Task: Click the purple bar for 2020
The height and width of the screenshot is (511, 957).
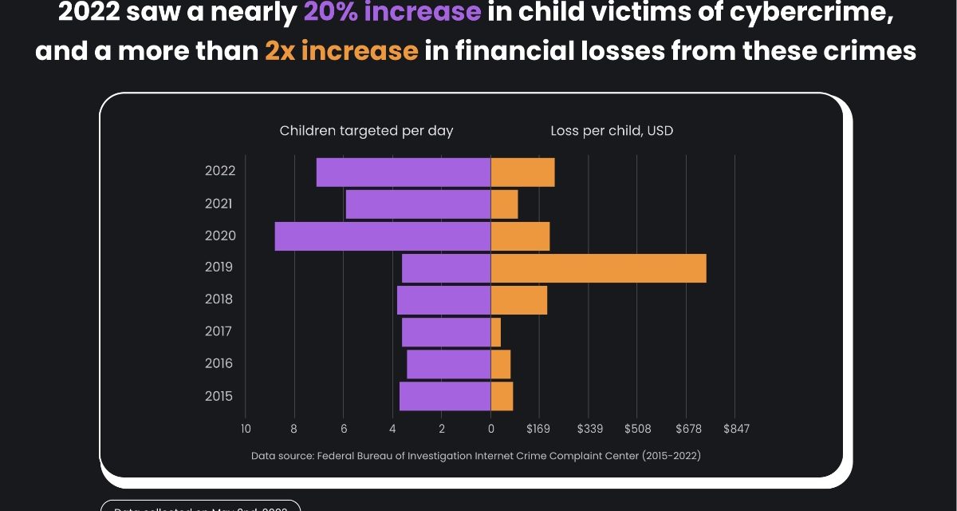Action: point(383,236)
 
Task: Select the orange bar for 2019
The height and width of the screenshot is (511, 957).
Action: point(598,268)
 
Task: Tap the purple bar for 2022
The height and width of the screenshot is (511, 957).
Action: point(404,172)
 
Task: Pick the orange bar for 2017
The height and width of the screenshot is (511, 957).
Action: point(496,332)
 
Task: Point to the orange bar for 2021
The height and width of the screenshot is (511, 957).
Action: point(504,204)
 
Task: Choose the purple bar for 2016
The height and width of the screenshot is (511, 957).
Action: point(448,364)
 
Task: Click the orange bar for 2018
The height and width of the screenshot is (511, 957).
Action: point(518,300)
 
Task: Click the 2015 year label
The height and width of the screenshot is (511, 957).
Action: point(219,396)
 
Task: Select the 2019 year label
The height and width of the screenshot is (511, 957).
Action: point(219,267)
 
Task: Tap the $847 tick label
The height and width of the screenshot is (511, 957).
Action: point(736,429)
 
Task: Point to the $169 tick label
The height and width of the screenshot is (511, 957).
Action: point(539,429)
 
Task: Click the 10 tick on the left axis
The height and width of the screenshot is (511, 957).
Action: point(246,429)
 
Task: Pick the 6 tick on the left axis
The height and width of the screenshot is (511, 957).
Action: point(344,429)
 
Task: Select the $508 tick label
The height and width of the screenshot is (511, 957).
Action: point(638,429)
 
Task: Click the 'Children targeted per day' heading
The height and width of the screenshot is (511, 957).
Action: point(366,131)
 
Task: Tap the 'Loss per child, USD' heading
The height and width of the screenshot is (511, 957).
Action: point(612,131)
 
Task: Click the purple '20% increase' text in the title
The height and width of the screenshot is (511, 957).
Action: point(392,13)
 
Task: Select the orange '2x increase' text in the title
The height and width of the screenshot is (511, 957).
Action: point(341,51)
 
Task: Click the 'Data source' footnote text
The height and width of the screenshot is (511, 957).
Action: point(476,456)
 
